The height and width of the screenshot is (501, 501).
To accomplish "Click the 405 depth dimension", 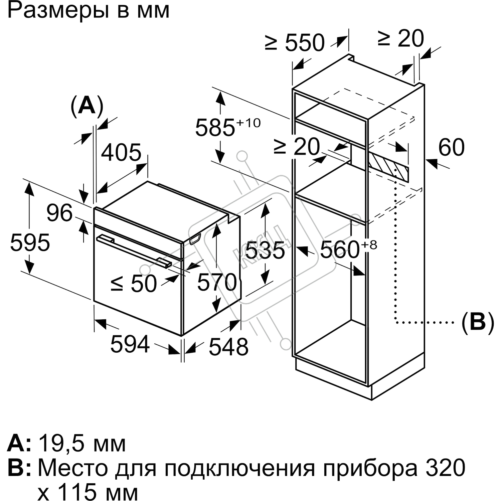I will (x=121, y=153).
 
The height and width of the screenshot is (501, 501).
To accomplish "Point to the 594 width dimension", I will (x=130, y=344).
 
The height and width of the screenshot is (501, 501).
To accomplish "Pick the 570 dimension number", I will (x=217, y=282).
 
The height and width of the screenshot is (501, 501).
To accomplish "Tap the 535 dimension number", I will (x=265, y=250).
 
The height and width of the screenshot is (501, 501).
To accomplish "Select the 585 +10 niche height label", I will (x=227, y=127).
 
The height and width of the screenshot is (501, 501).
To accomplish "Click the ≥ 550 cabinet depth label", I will (x=295, y=42).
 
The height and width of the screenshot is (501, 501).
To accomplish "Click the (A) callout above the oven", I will (x=87, y=107).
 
